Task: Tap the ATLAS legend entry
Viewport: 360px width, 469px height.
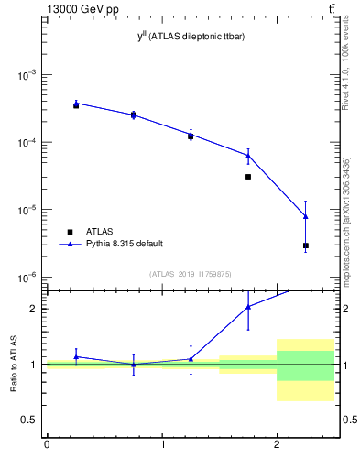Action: [x=98, y=232]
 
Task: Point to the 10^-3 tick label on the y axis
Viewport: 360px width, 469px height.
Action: [x=27, y=75]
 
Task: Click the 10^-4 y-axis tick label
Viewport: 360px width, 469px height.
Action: [x=27, y=143]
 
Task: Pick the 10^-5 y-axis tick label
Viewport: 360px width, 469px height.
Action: [x=27, y=210]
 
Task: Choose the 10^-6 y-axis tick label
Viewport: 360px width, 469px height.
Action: [x=27, y=278]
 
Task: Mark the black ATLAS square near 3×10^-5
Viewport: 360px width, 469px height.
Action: [x=248, y=177]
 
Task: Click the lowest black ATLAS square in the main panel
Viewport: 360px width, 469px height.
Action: [x=306, y=245]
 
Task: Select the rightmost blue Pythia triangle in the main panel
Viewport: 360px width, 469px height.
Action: [x=306, y=216]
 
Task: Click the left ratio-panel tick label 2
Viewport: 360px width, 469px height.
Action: [x=37, y=309]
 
